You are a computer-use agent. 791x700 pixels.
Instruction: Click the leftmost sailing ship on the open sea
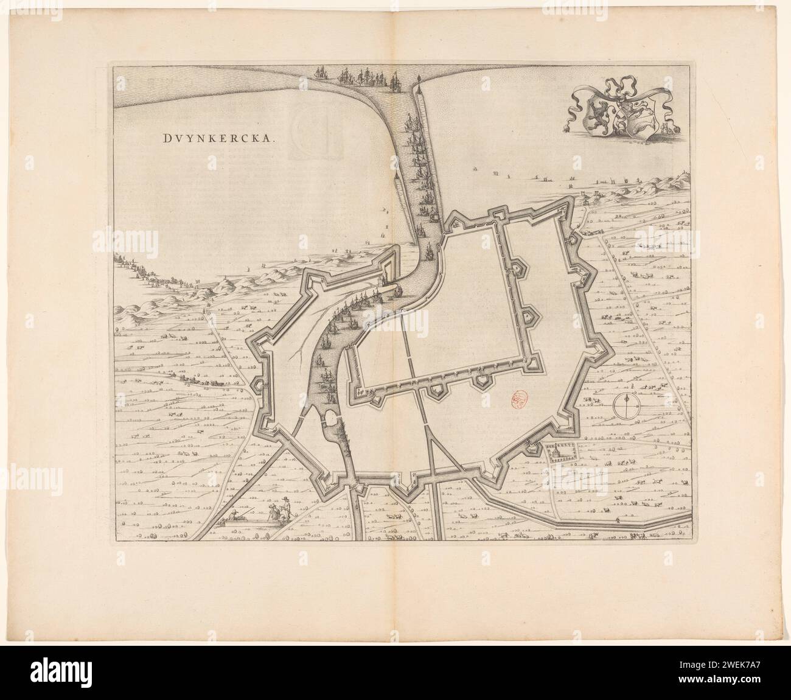(321, 73)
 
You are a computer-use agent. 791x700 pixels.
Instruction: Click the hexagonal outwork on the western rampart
(258, 385)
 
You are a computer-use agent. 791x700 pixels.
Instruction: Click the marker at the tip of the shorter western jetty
(396, 175)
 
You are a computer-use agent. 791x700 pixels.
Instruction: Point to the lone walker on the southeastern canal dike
(618, 519)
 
